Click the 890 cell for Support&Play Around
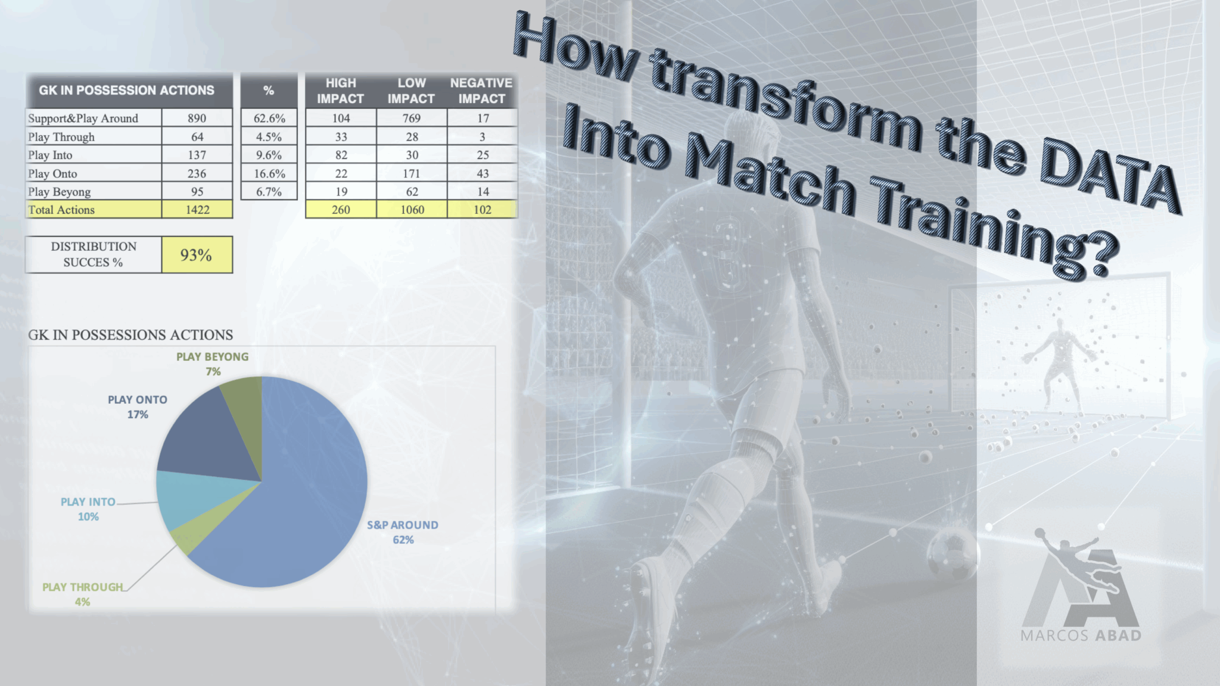coord(197,118)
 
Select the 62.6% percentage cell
coord(269,118)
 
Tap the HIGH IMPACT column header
coord(341,91)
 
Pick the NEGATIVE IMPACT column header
coord(481,91)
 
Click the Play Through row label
coord(61,137)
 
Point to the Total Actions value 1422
coord(197,210)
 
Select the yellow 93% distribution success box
coord(197,255)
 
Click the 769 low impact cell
coord(412,118)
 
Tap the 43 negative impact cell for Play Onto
coord(483,173)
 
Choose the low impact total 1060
coord(412,210)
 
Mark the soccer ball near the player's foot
coord(952,554)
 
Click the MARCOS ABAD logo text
coord(1081,635)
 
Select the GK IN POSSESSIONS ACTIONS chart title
coord(130,335)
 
